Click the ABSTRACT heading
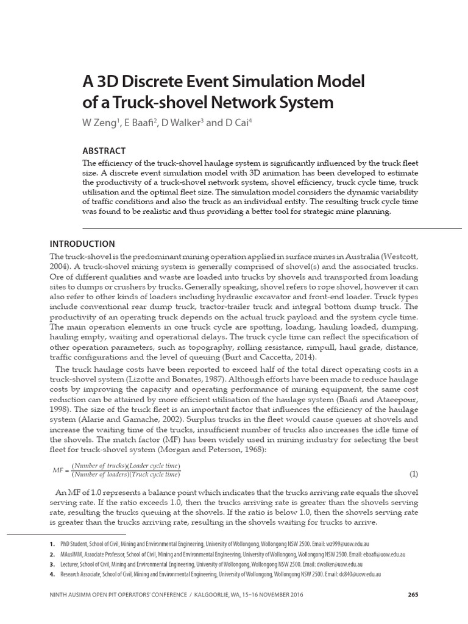point(104,151)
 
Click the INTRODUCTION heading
point(82,244)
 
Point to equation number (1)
point(414,473)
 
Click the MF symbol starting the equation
point(58,470)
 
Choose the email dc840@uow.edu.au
point(360,575)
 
